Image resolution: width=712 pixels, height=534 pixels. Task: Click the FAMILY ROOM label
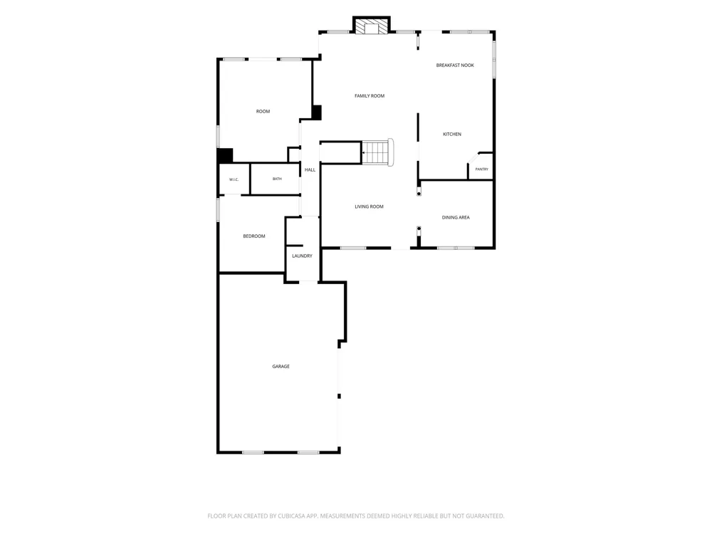click(x=369, y=96)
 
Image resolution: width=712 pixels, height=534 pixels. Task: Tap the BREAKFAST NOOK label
click(x=455, y=66)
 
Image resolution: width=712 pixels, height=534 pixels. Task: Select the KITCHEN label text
click(x=452, y=134)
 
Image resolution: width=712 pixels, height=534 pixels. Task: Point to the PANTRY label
click(x=482, y=169)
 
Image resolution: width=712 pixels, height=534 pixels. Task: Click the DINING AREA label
click(x=456, y=217)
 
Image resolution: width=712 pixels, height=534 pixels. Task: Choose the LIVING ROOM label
click(x=369, y=206)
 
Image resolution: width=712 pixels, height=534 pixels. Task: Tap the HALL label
click(x=310, y=170)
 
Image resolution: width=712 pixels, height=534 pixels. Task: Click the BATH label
click(x=277, y=179)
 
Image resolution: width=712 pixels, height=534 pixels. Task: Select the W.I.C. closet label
click(x=234, y=179)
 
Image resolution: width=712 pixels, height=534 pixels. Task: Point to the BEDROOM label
click(x=254, y=236)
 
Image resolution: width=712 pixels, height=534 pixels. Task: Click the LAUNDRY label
click(x=302, y=256)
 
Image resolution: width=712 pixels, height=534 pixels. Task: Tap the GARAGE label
click(x=281, y=367)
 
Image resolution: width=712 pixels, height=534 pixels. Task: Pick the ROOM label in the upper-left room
click(x=263, y=111)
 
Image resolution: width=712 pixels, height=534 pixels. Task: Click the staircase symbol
click(x=377, y=152)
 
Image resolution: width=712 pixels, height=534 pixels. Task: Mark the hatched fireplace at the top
click(x=372, y=26)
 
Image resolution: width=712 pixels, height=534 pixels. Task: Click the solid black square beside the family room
click(x=317, y=112)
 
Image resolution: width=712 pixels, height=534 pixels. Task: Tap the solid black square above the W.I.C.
click(x=225, y=155)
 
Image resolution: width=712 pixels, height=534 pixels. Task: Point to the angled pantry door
click(x=473, y=157)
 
